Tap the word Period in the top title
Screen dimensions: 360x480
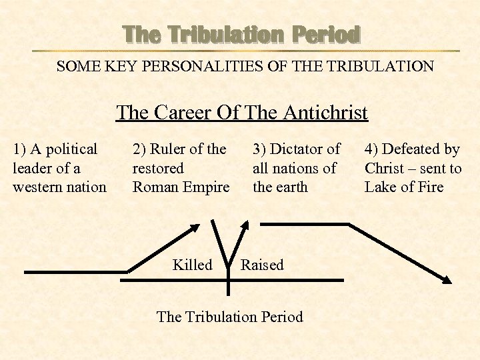tap(331, 34)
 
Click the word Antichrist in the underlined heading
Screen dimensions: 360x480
tap(325, 113)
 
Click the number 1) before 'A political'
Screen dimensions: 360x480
tap(20, 149)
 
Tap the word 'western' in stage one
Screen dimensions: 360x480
tap(37, 187)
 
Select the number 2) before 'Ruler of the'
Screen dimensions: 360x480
tap(140, 149)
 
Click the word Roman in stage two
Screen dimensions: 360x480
tap(155, 187)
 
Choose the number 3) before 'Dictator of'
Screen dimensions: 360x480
tap(260, 149)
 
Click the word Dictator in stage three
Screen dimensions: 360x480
tap(300, 149)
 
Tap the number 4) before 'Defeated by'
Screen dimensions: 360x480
tap(372, 149)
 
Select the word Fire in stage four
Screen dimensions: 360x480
tap(431, 187)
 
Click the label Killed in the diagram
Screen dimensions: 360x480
tap(192, 265)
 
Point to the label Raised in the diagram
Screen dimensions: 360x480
tap(262, 265)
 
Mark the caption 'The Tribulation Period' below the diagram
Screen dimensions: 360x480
tap(229, 317)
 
